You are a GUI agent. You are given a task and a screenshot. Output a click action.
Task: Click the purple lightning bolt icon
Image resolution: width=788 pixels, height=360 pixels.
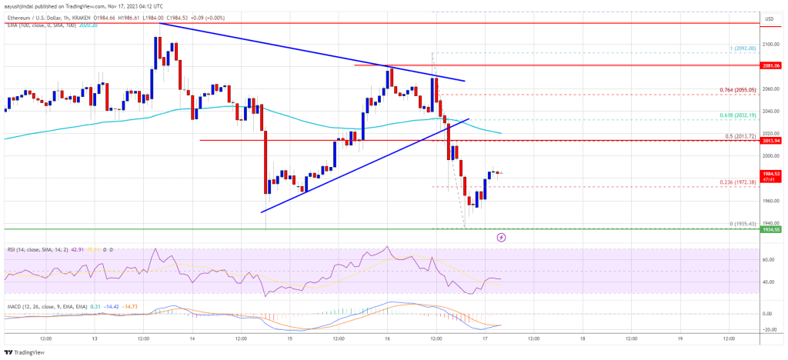[x=502, y=238]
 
